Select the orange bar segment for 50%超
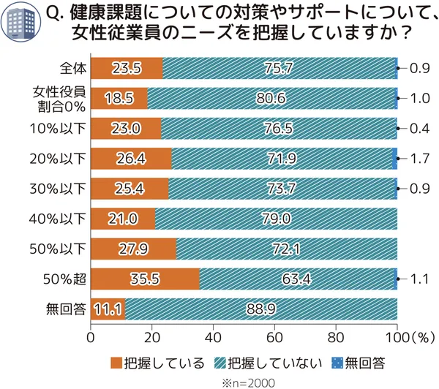145,279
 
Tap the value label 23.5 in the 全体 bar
127,68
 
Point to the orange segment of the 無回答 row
108,309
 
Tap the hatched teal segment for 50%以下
287,249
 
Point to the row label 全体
74,68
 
